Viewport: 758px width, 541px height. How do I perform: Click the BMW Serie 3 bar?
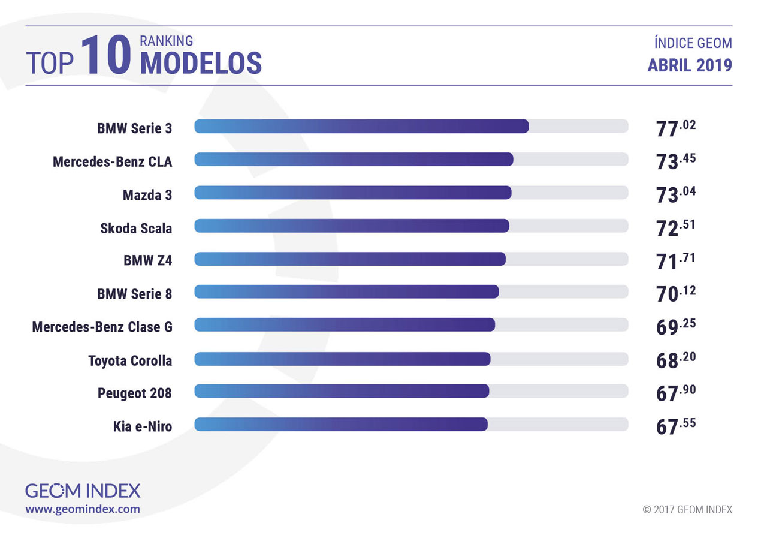(361, 127)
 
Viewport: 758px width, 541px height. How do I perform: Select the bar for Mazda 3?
(353, 193)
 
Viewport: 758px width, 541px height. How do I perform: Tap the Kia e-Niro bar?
(341, 425)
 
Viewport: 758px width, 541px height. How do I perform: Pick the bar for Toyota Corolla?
(342, 359)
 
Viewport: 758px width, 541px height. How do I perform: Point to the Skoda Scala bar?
(352, 226)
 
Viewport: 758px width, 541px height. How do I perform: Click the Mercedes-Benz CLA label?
(112, 161)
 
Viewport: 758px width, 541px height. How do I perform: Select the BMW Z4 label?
(147, 260)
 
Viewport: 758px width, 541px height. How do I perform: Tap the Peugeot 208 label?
(134, 393)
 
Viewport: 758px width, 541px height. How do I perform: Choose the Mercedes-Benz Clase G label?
(102, 327)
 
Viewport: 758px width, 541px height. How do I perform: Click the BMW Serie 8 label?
(134, 294)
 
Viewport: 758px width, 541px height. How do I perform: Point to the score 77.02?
(675, 128)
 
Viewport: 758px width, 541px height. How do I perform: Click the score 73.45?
(675, 161)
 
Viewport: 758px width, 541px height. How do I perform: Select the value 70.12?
(675, 293)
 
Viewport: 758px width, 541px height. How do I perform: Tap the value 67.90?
(675, 392)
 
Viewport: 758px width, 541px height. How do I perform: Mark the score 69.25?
(675, 326)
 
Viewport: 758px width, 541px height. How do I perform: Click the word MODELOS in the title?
(201, 63)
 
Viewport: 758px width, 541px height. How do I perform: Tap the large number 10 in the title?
(106, 55)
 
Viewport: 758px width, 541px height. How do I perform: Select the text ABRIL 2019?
(689, 65)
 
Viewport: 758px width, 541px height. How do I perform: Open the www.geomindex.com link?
(83, 509)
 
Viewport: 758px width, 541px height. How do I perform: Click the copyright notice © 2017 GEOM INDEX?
(687, 510)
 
